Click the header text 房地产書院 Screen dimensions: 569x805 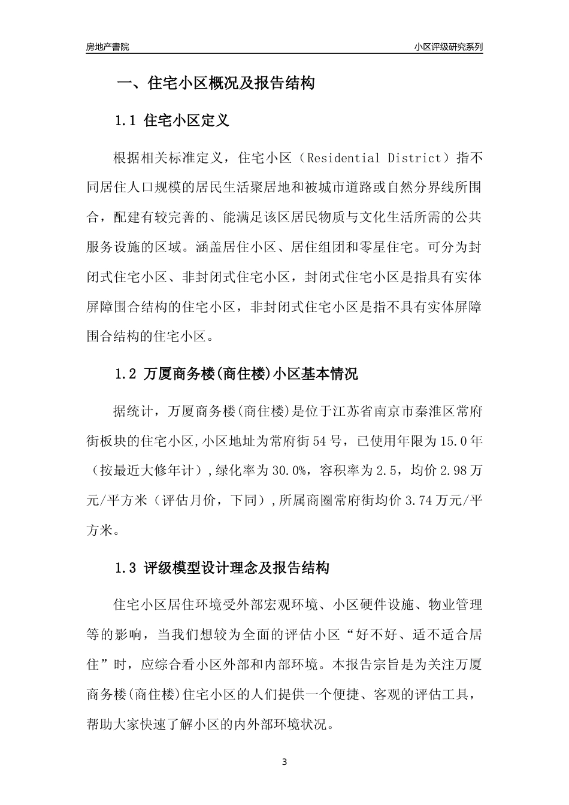point(108,47)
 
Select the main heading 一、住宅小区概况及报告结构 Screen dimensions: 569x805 point(215,83)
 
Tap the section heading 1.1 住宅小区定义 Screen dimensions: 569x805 point(172,121)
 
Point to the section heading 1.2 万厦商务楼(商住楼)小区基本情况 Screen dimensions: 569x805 point(236,375)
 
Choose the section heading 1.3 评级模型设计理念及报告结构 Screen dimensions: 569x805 point(222,568)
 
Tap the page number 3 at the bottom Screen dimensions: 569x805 point(284,762)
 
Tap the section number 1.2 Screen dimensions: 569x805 point(126,375)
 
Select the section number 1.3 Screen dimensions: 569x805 point(126,568)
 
